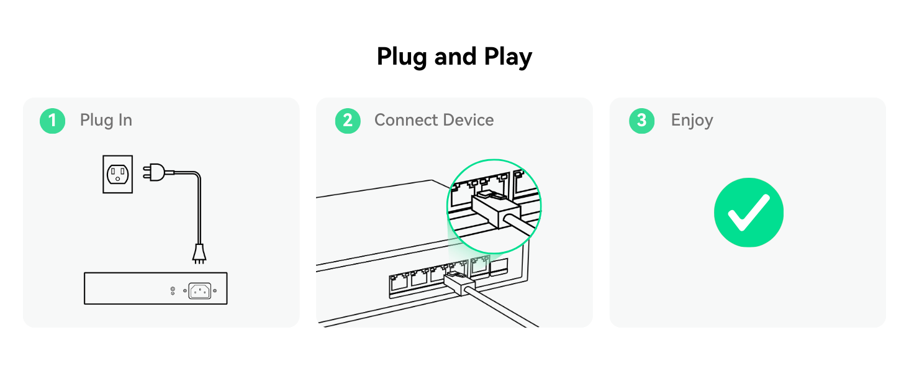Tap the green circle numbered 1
point(52,121)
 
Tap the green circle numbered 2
point(348,121)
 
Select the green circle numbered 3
point(641,121)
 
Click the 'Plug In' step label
point(106,120)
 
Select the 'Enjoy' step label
point(692,120)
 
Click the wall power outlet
point(117,174)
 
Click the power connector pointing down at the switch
point(199,252)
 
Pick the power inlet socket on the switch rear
point(199,290)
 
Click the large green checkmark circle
point(748,213)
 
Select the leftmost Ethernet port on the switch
point(399,281)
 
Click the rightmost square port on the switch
point(499,267)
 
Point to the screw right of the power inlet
point(215,290)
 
